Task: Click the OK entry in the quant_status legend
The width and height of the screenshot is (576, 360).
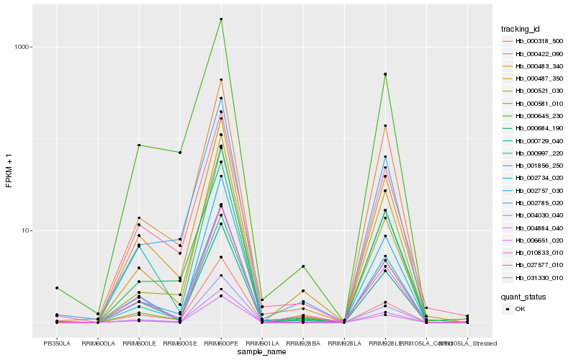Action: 520,308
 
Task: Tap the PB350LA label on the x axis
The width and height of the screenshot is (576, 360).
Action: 57,343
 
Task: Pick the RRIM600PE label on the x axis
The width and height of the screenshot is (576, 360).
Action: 221,343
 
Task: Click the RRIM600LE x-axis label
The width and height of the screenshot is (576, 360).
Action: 139,343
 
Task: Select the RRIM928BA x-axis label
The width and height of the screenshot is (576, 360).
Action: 303,343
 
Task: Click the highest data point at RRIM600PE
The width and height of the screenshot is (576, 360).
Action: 221,19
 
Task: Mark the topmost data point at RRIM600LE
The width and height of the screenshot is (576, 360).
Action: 139,145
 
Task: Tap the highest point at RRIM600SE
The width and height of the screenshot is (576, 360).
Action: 180,153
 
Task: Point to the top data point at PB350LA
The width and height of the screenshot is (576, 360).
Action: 57,288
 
